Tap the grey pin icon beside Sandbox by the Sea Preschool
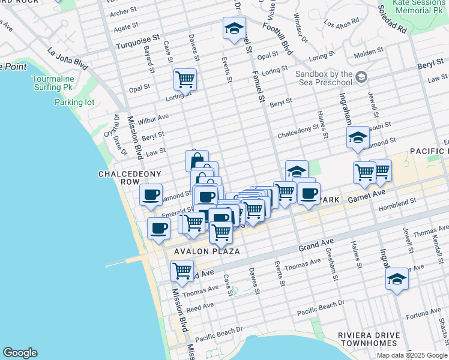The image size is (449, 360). click(x=361, y=77)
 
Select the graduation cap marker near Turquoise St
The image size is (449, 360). click(x=234, y=28)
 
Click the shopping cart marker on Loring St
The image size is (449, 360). click(x=185, y=79)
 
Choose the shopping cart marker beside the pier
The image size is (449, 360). click(x=181, y=270)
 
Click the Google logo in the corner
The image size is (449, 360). click(x=20, y=353)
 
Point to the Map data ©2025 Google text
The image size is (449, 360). click(x=412, y=355)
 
